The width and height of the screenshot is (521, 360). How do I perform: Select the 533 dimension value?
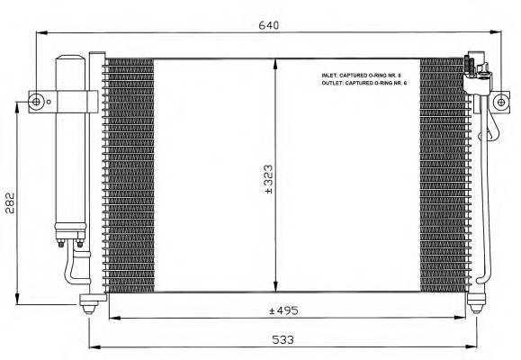tap(283, 340)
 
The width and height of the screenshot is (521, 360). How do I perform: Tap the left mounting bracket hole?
tap(36, 101)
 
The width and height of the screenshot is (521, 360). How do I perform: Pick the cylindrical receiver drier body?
tap(70, 144)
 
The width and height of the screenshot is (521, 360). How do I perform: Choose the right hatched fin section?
tap(443, 175)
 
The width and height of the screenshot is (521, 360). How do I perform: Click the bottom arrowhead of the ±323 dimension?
tap(275, 289)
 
